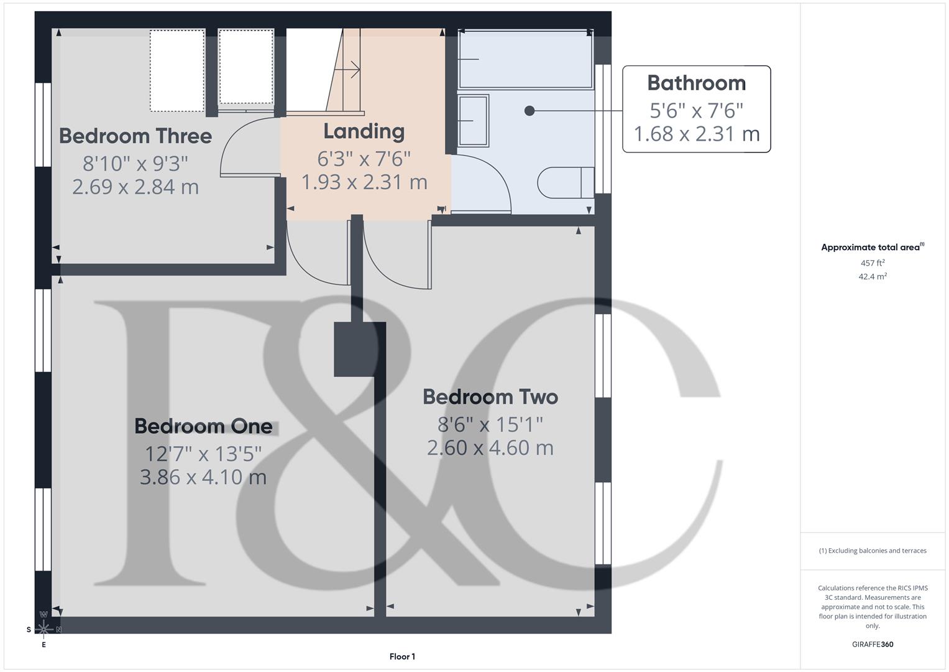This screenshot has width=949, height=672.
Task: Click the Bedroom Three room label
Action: pos(135,136)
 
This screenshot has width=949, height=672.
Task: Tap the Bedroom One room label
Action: pos(203,426)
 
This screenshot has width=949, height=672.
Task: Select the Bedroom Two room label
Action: pos(490,397)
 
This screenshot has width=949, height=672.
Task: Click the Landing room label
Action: pos(364,131)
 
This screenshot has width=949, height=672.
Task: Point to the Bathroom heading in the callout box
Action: pos(696,83)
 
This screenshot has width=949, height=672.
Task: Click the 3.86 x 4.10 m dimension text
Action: pos(203,477)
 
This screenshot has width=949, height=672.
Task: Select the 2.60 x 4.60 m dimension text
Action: pos(490,448)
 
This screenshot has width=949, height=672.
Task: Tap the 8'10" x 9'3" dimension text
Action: pos(135,164)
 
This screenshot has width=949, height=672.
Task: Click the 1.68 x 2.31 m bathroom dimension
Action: pos(696,134)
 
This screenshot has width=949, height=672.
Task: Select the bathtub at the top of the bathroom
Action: pos(525,59)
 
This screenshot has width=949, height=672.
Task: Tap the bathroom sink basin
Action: pos(473,120)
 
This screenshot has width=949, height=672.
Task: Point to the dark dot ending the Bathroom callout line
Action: pos(530,111)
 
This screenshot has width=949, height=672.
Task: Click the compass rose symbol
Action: pos(44,629)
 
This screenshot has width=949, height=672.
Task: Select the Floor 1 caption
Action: pos(402,656)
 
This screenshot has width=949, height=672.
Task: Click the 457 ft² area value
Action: pos(873,263)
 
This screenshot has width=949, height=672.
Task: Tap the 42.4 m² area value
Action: pos(873,276)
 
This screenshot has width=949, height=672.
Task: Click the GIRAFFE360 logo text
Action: pos(873,644)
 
